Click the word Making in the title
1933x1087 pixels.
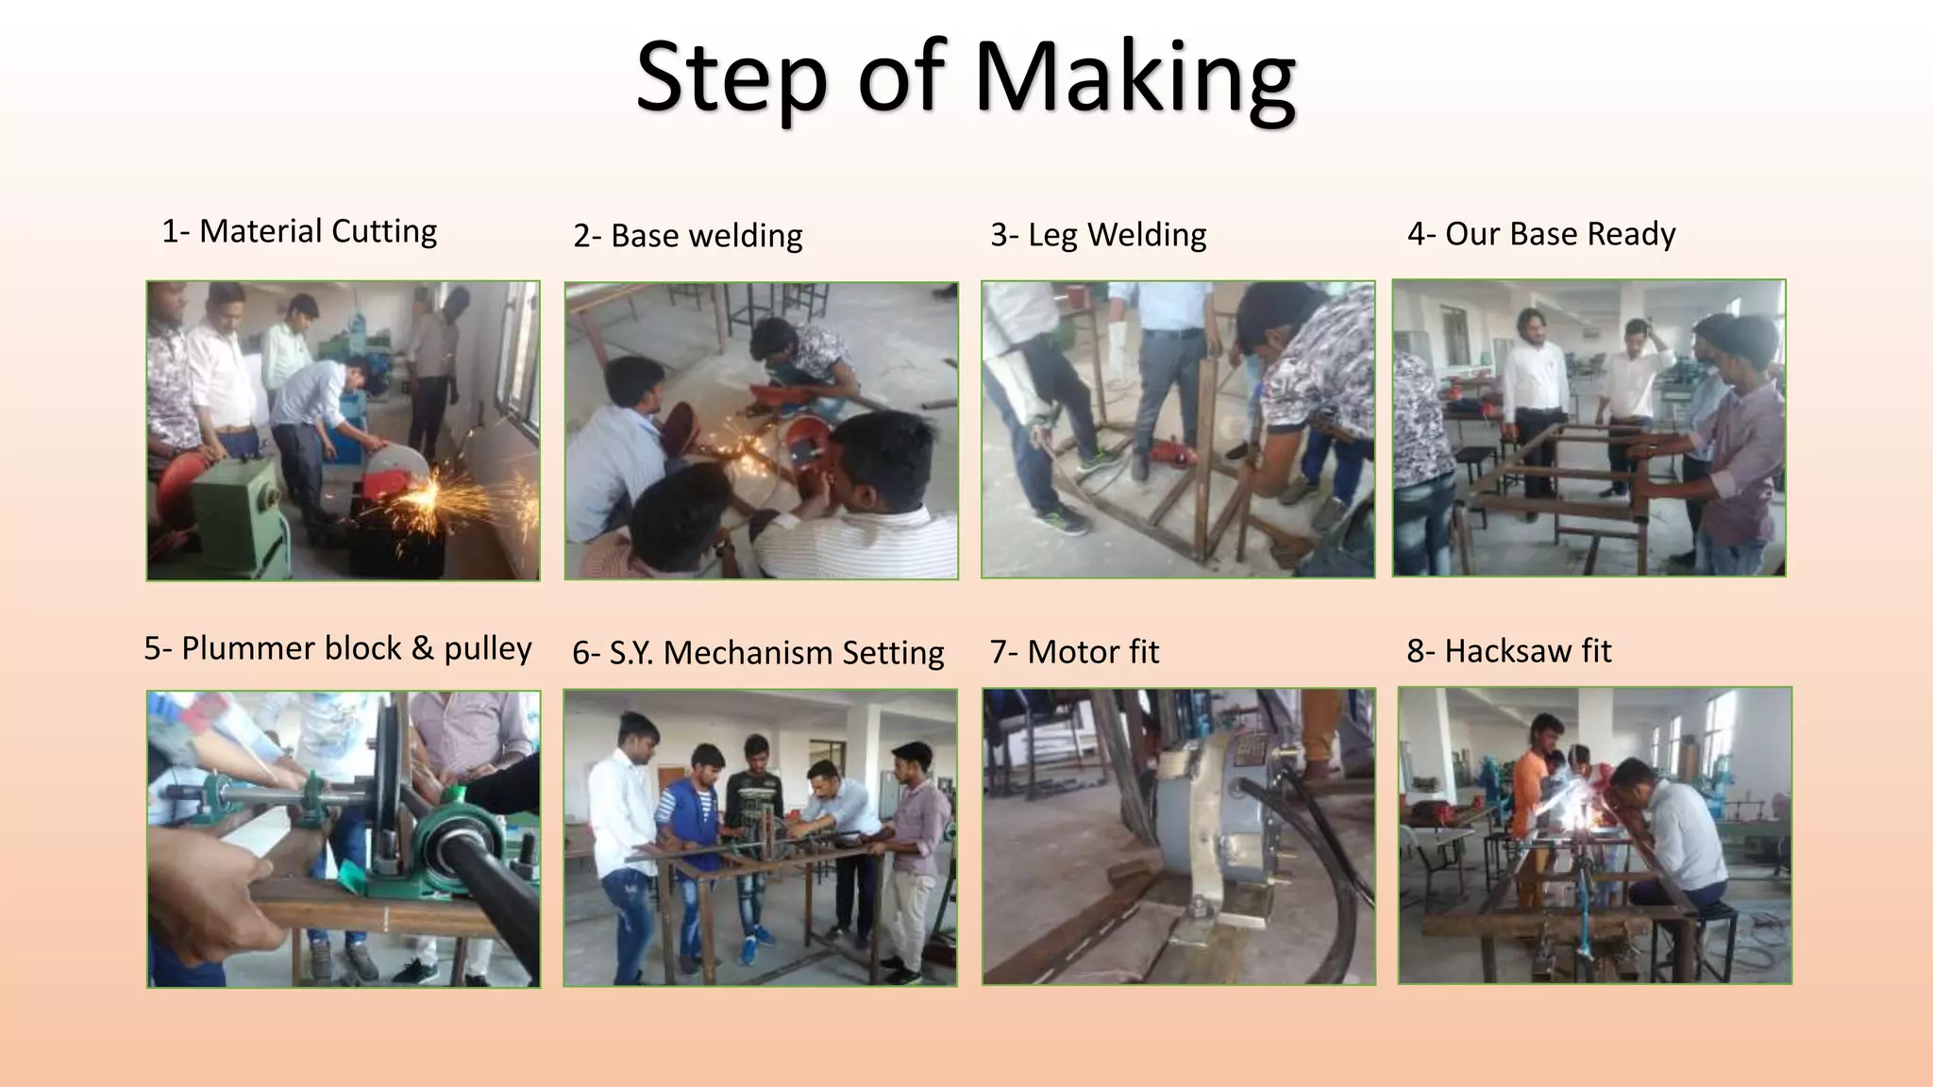click(x=1135, y=77)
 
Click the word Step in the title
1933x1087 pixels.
click(x=732, y=77)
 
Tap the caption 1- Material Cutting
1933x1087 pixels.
click(x=299, y=231)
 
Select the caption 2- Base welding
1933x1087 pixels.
click(x=688, y=235)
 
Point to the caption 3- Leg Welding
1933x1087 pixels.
click(x=1098, y=234)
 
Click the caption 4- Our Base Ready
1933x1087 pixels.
click(x=1541, y=233)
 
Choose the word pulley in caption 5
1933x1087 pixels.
click(x=487, y=649)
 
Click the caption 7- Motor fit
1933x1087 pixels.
click(x=1074, y=651)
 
